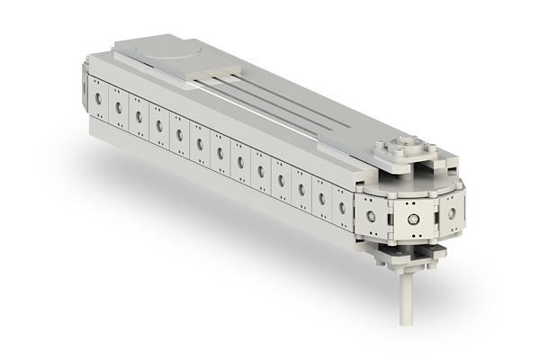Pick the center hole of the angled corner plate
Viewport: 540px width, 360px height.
370,215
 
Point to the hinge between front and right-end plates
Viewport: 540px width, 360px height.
439,217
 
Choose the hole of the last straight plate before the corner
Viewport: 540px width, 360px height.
341,207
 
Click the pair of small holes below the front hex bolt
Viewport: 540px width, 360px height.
411,237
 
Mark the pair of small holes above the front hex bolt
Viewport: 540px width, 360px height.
411,203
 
